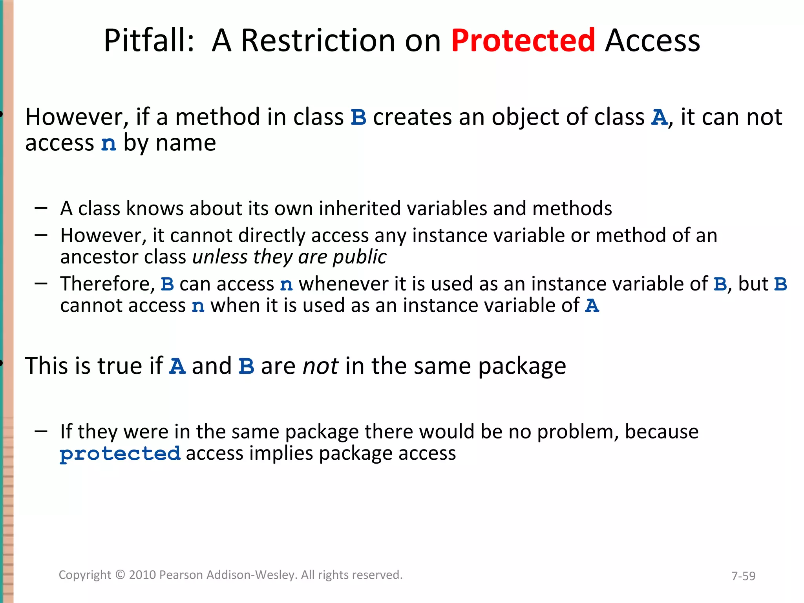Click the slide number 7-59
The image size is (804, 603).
coord(743,576)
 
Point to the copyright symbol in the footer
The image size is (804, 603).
coord(120,575)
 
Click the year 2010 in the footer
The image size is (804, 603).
coord(143,575)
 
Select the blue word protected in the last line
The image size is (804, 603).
coord(120,454)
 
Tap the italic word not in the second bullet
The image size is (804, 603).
coord(320,366)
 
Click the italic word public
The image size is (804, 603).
coord(359,257)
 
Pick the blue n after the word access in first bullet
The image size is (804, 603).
coord(109,143)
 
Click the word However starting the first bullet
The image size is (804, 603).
coord(77,117)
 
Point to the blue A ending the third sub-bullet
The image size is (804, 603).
coord(592,305)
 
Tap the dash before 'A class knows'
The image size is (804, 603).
coord(41,208)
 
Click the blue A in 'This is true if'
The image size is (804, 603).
coord(177,366)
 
